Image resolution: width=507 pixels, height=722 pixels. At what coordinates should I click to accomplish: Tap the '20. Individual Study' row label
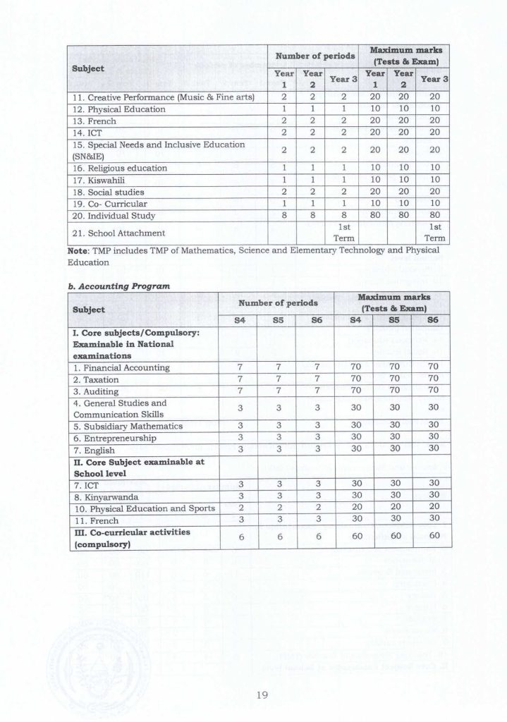(x=112, y=214)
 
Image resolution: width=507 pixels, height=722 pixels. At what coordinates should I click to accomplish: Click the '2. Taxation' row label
(x=98, y=379)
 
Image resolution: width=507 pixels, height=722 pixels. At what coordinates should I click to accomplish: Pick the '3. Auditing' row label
(x=98, y=391)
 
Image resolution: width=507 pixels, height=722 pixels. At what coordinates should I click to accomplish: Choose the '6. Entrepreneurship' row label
(x=116, y=437)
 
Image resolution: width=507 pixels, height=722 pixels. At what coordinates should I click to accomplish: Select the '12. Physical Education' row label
(x=117, y=109)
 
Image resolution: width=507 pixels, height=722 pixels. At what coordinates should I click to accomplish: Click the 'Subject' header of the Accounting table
(x=89, y=309)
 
